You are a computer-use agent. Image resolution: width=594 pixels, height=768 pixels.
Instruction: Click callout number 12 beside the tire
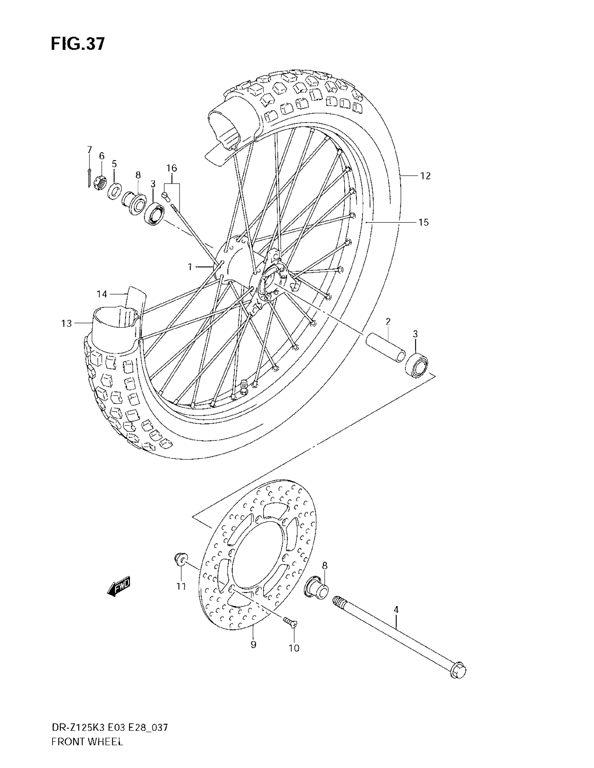[425, 176]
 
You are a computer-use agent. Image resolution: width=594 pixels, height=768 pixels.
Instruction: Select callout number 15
[423, 222]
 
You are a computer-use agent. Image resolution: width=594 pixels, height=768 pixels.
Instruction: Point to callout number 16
[172, 168]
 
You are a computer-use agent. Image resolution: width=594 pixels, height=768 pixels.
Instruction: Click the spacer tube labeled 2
[386, 348]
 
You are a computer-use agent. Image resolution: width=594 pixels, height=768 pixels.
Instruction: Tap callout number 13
[66, 323]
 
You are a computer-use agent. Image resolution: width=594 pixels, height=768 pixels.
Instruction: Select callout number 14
[102, 294]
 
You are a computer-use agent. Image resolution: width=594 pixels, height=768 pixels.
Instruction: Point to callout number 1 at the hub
[190, 267]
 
